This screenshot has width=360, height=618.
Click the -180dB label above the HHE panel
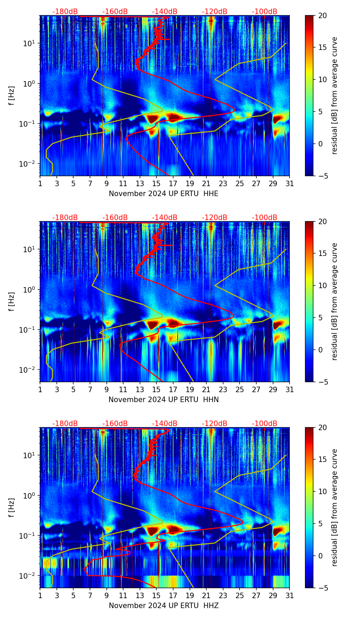[65, 12]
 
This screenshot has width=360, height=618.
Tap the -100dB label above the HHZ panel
[265, 424]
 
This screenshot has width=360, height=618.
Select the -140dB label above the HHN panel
[165, 218]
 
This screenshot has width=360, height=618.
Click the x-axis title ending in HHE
[164, 194]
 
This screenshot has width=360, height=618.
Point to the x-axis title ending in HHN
[164, 400]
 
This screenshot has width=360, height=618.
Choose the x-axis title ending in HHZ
[164, 606]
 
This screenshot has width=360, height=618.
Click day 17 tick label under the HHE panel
[173, 183]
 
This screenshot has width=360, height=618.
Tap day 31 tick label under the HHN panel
[289, 389]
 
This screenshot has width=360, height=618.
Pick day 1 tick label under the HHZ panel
[40, 595]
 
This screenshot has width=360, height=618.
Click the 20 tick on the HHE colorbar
[322, 15]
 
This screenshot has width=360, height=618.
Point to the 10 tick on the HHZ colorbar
[322, 491]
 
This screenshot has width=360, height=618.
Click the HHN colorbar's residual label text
[335, 301]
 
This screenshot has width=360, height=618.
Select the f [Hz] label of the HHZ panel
[12, 507]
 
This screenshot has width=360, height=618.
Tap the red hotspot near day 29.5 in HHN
[278, 324]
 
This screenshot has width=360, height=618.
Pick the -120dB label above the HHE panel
[215, 12]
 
